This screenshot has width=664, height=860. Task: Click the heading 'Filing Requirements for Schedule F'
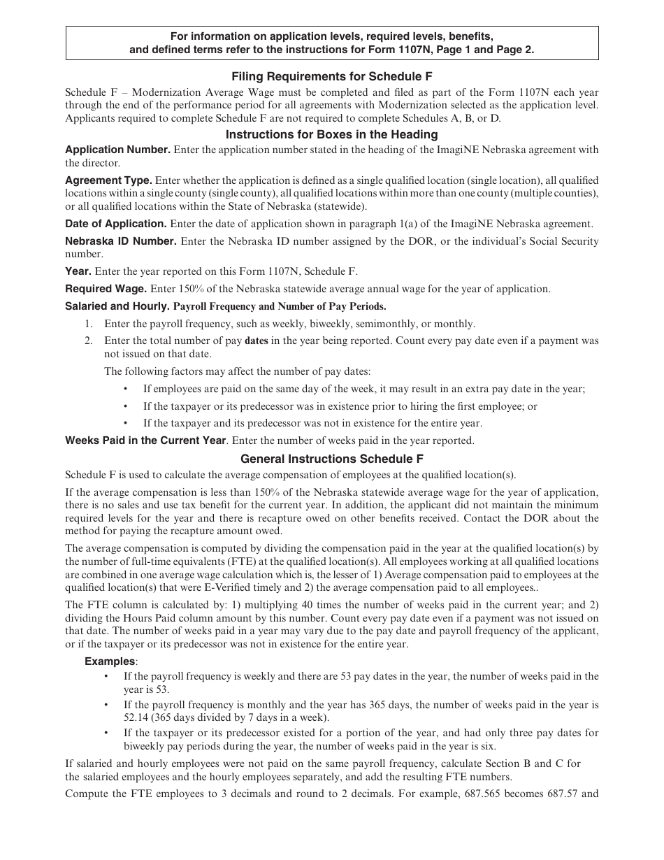[x=331, y=77]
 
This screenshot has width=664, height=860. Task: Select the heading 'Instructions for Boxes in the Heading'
[x=331, y=134]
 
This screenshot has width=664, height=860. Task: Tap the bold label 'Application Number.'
[x=117, y=150]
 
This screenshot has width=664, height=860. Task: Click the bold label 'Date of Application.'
[x=116, y=224]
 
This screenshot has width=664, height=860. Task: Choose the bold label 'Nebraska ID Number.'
[x=120, y=241]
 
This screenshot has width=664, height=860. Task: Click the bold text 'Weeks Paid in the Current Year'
[x=145, y=440]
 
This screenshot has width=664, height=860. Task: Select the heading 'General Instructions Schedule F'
[x=331, y=459]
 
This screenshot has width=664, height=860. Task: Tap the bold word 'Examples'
[x=110, y=661]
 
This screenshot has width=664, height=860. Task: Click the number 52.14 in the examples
[x=138, y=717]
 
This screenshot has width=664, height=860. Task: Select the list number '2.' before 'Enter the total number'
[x=89, y=341]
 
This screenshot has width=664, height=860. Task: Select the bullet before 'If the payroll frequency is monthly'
[x=106, y=705]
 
